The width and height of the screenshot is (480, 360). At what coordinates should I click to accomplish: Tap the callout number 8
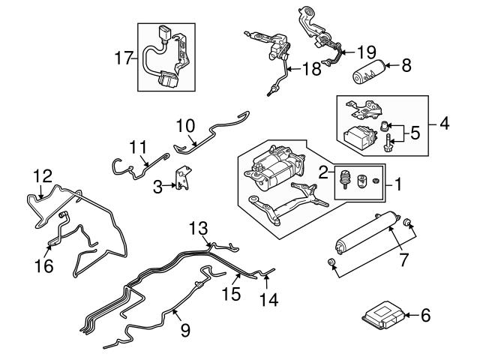[x=406, y=65]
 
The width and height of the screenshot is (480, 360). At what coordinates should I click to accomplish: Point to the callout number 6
[x=425, y=316]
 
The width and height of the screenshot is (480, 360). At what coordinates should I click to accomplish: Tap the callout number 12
[x=43, y=175]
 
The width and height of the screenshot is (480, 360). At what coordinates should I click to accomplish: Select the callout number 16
[x=49, y=265]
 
